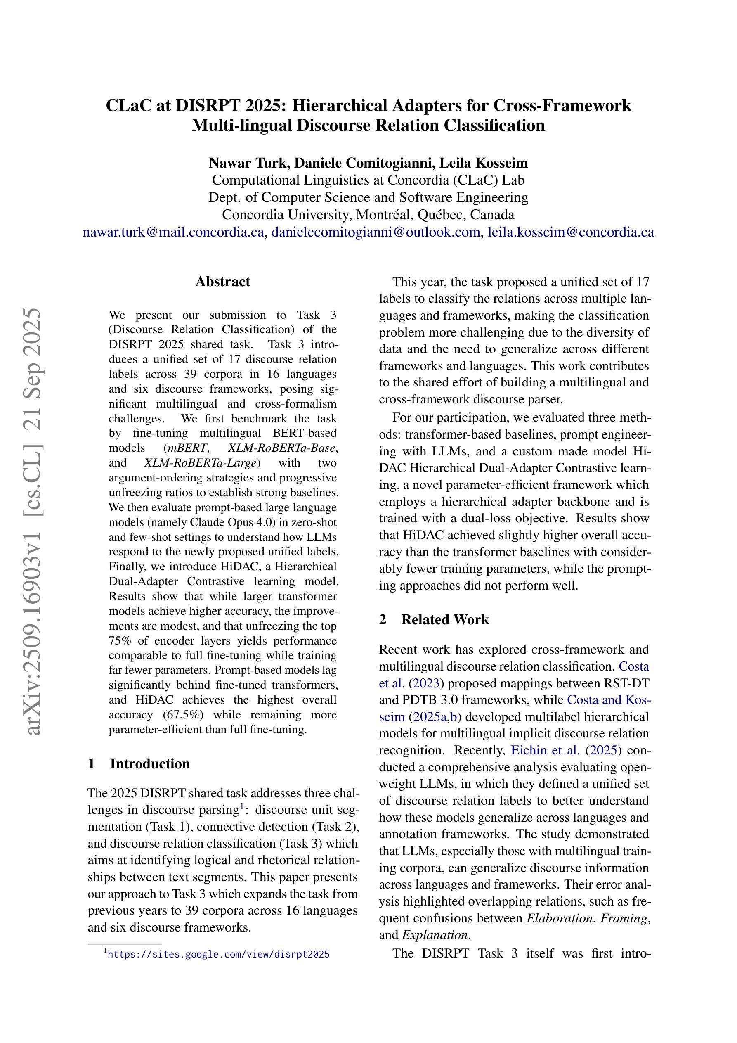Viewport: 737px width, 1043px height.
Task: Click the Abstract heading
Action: pos(222,282)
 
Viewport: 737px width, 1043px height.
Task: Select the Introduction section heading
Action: pos(149,763)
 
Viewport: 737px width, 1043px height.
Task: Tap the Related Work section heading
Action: pos(444,620)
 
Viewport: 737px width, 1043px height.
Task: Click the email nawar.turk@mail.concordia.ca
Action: pos(174,232)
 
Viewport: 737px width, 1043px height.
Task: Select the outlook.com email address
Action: pos(376,232)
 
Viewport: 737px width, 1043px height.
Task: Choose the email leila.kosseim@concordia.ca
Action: pos(571,232)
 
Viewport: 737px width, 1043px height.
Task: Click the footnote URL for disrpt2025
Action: pos(218,954)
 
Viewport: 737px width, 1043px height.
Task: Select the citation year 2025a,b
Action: pos(435,717)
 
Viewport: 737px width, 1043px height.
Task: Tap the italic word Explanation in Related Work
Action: pos(435,935)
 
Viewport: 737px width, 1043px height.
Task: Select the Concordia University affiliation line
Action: pos(368,214)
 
